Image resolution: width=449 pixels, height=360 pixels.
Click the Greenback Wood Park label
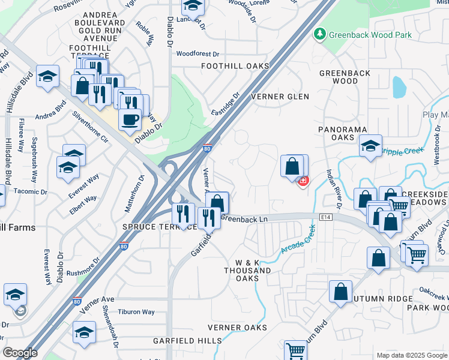coord(370,35)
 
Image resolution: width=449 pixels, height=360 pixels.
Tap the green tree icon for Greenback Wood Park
coord(320,34)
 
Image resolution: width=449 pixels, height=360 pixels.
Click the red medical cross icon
coord(304,180)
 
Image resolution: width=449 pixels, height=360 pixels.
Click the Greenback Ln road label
coord(244,219)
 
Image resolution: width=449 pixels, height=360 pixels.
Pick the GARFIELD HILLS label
coord(186,340)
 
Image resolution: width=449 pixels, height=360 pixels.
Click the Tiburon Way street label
coord(136,312)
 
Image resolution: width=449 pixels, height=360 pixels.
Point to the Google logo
coord(20,353)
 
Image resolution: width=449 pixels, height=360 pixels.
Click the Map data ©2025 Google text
coord(412,355)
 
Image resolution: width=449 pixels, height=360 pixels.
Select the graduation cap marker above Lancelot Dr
coord(193,7)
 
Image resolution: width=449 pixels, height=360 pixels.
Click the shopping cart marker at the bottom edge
coord(295,350)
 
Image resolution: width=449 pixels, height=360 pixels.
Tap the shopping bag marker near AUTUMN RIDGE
coord(340,292)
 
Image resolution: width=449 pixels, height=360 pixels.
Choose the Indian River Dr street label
coord(334,189)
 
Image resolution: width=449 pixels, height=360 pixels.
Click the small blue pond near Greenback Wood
coord(399,87)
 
